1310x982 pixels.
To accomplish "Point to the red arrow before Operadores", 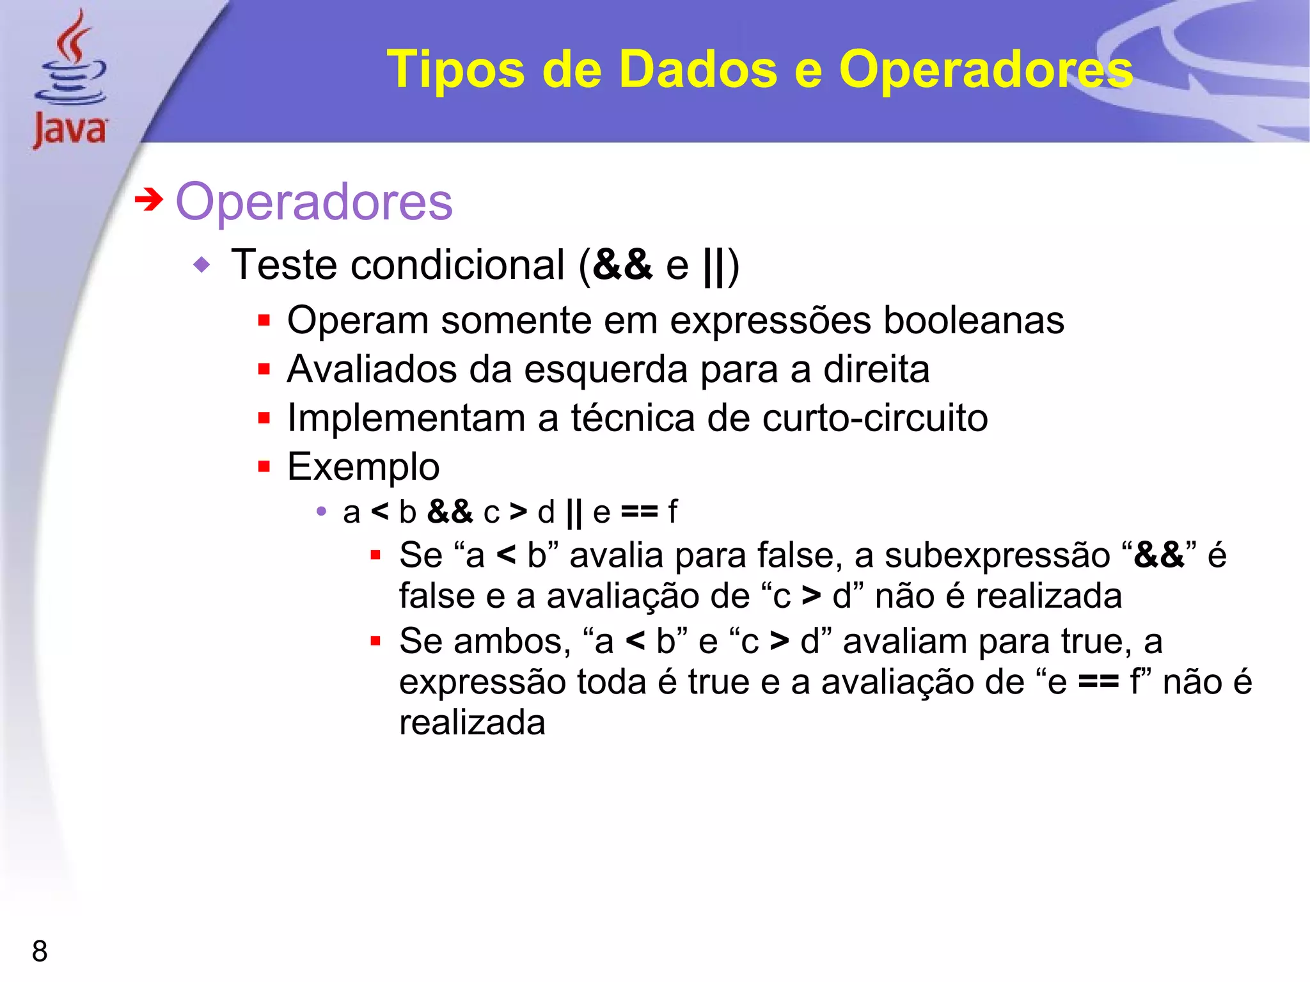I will [148, 200].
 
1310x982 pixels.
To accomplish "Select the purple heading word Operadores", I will [314, 202].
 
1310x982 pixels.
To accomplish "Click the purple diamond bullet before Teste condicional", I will [201, 264].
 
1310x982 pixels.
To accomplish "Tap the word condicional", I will [458, 265].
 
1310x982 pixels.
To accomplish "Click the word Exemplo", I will [363, 466].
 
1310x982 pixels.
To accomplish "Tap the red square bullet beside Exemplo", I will [264, 466].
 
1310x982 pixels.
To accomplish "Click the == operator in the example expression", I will [639, 512].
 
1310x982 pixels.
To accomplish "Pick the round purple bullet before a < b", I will [321, 512].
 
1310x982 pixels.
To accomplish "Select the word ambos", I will [511, 641].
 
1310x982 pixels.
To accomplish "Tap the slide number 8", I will [40, 951].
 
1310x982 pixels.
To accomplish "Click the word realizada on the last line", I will [472, 723].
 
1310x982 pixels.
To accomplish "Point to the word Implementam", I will [406, 418].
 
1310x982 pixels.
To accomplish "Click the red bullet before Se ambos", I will [375, 641].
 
